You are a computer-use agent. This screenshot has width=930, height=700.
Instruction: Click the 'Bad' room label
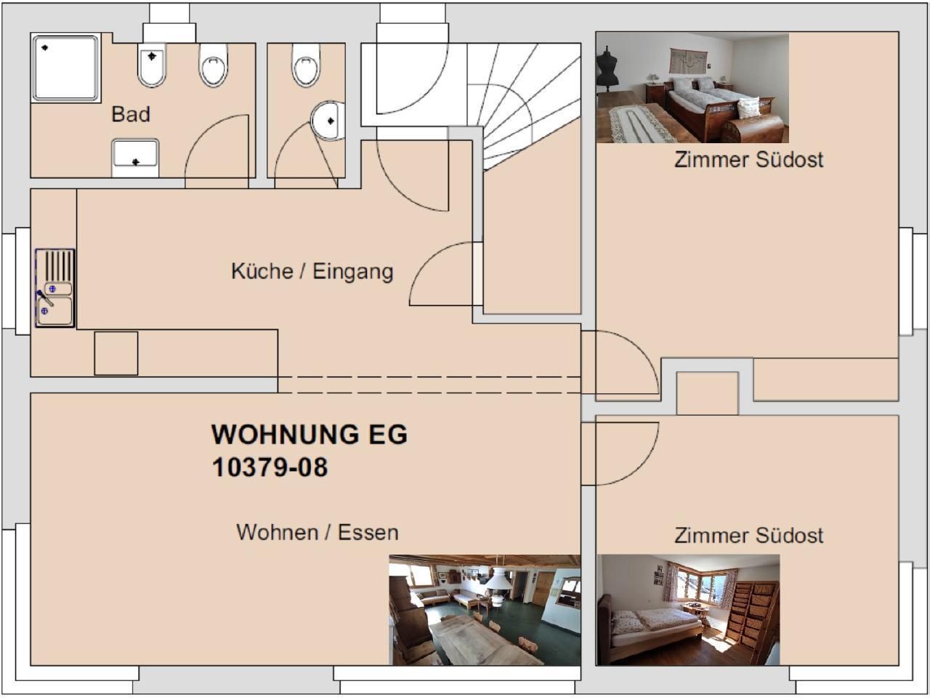click(x=131, y=114)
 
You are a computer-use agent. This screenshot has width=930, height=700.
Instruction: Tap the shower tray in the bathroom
click(x=65, y=68)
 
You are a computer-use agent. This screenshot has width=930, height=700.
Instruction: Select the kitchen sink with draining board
click(x=55, y=288)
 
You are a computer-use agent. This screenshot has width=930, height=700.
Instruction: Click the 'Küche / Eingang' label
click(x=312, y=272)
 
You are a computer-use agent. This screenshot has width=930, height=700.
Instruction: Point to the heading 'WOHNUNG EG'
click(x=310, y=435)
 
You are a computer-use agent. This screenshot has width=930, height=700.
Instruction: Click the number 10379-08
click(x=270, y=467)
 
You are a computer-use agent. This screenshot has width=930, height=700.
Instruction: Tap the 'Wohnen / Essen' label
click(x=318, y=533)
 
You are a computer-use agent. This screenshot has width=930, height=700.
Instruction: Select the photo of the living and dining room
click(x=485, y=610)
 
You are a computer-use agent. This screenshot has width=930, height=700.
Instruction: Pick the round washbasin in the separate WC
click(x=328, y=121)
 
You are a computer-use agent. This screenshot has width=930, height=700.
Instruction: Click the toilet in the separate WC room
click(x=306, y=65)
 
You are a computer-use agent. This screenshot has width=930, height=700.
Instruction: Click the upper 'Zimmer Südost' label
click(x=748, y=160)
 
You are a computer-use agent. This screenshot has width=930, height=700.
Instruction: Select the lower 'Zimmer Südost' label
click(x=748, y=536)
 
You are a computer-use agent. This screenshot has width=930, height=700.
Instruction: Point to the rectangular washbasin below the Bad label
click(x=135, y=158)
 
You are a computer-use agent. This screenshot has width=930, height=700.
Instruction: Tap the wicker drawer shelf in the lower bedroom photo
click(x=752, y=614)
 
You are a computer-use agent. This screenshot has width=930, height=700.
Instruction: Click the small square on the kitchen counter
click(x=116, y=353)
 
